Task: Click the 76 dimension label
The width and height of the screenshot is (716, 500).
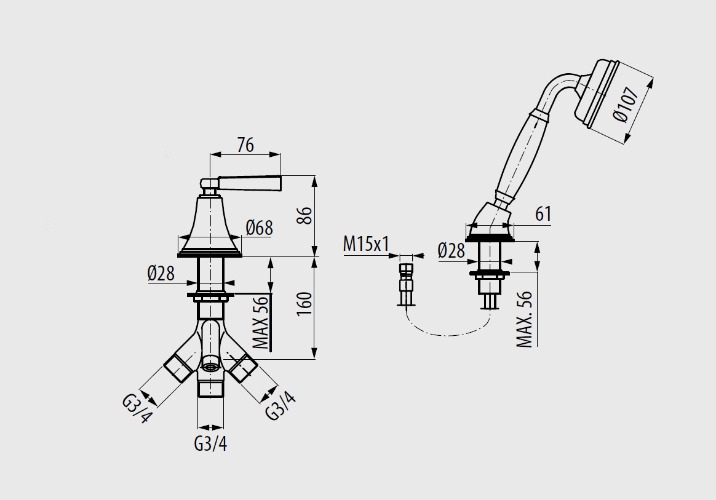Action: [x=245, y=145]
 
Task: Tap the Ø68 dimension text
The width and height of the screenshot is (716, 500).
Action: [x=259, y=228]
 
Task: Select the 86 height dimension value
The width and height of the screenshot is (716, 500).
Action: [x=305, y=215]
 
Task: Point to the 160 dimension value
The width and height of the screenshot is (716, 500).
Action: [x=304, y=304]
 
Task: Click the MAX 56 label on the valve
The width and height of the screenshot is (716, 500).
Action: [x=261, y=322]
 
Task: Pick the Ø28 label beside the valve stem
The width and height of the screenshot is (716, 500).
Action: [x=161, y=273]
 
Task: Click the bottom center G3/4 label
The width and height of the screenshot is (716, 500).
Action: [x=210, y=443]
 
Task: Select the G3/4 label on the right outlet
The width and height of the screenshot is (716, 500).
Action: [x=280, y=405]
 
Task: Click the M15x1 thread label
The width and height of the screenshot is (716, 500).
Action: [x=366, y=244]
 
